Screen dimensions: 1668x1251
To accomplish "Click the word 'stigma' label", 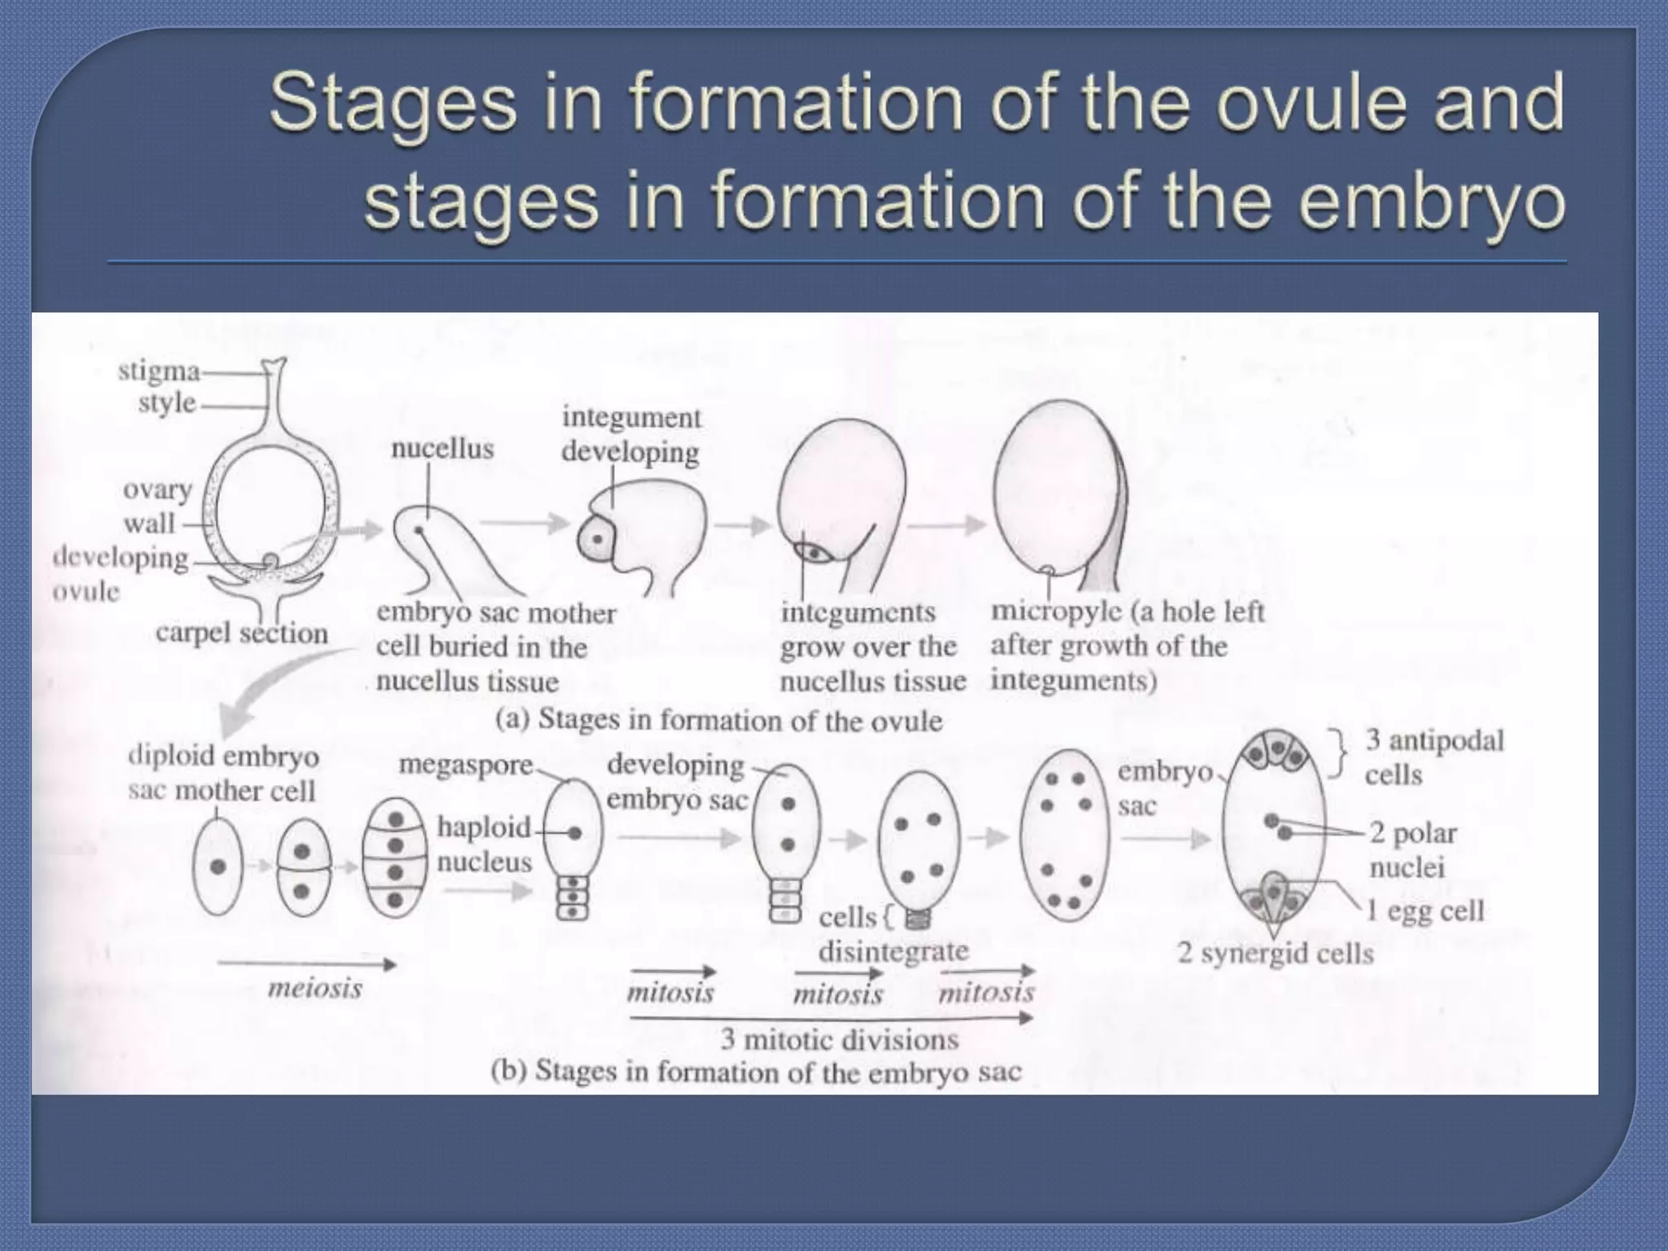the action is (x=159, y=371).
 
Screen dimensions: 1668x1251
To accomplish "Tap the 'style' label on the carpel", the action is (x=167, y=402).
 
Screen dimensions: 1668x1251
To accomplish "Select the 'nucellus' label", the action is (x=442, y=448).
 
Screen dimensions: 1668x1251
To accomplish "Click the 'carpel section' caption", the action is (x=242, y=633).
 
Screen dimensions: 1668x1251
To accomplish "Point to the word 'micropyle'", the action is (x=1056, y=612).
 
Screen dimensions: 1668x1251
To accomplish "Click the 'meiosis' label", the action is (x=315, y=989).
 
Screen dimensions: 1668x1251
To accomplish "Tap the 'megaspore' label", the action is (x=466, y=766).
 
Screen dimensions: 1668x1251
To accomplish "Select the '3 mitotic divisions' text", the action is (x=839, y=1040).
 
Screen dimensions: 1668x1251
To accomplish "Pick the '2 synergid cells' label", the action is (x=1275, y=953).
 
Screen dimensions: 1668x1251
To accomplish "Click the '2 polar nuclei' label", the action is (x=1413, y=849).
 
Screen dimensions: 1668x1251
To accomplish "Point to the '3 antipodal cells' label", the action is (x=1433, y=757).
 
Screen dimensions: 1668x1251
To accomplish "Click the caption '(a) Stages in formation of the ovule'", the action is (x=719, y=720).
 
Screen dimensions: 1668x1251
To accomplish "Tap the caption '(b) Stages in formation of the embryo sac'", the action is (x=756, y=1071).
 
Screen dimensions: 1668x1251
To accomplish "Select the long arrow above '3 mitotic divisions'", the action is (x=831, y=1017).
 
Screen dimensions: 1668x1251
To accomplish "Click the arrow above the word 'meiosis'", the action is (x=306, y=965).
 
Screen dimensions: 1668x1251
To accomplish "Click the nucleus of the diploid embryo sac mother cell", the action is (x=217, y=867).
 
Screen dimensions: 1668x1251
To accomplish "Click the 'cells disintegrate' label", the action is (x=893, y=935).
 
